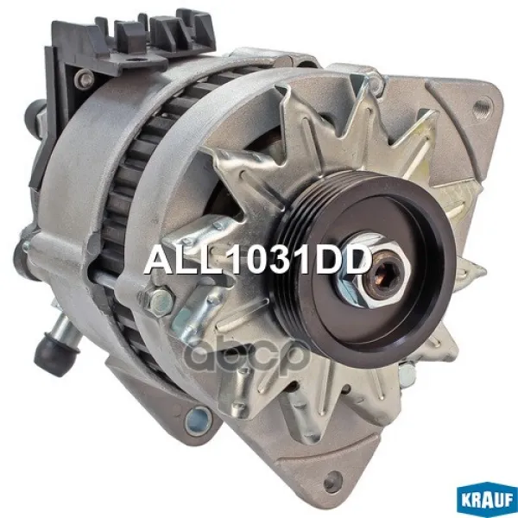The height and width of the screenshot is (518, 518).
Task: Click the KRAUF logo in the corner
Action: pos(487,500)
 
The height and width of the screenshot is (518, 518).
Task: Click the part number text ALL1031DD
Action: pos(257,260)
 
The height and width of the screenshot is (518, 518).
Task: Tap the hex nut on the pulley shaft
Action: pos(374,270)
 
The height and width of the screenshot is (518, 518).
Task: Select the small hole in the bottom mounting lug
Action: pos(332,480)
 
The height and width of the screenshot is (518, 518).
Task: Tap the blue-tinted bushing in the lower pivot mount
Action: pos(198,421)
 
